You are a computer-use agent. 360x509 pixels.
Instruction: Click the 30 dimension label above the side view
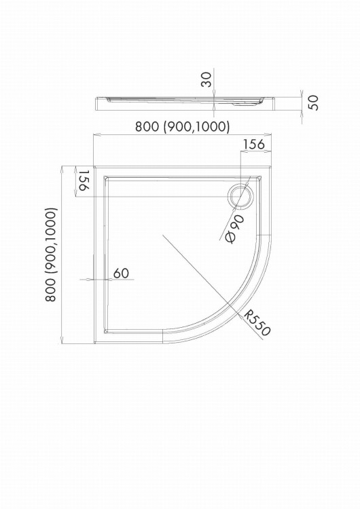point(206,79)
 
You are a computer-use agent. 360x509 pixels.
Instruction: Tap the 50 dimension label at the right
point(313,103)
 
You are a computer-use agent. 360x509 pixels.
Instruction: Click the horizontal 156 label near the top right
point(254,144)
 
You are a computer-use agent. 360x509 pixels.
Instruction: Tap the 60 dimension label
point(121,273)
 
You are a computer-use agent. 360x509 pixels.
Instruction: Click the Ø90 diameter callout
point(235,229)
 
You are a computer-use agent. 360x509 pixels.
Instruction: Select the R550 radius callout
point(257,322)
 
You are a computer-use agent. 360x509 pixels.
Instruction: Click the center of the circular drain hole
point(240,197)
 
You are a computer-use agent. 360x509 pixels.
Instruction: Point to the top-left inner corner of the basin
point(104,176)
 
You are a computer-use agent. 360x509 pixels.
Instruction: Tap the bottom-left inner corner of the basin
point(104,333)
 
